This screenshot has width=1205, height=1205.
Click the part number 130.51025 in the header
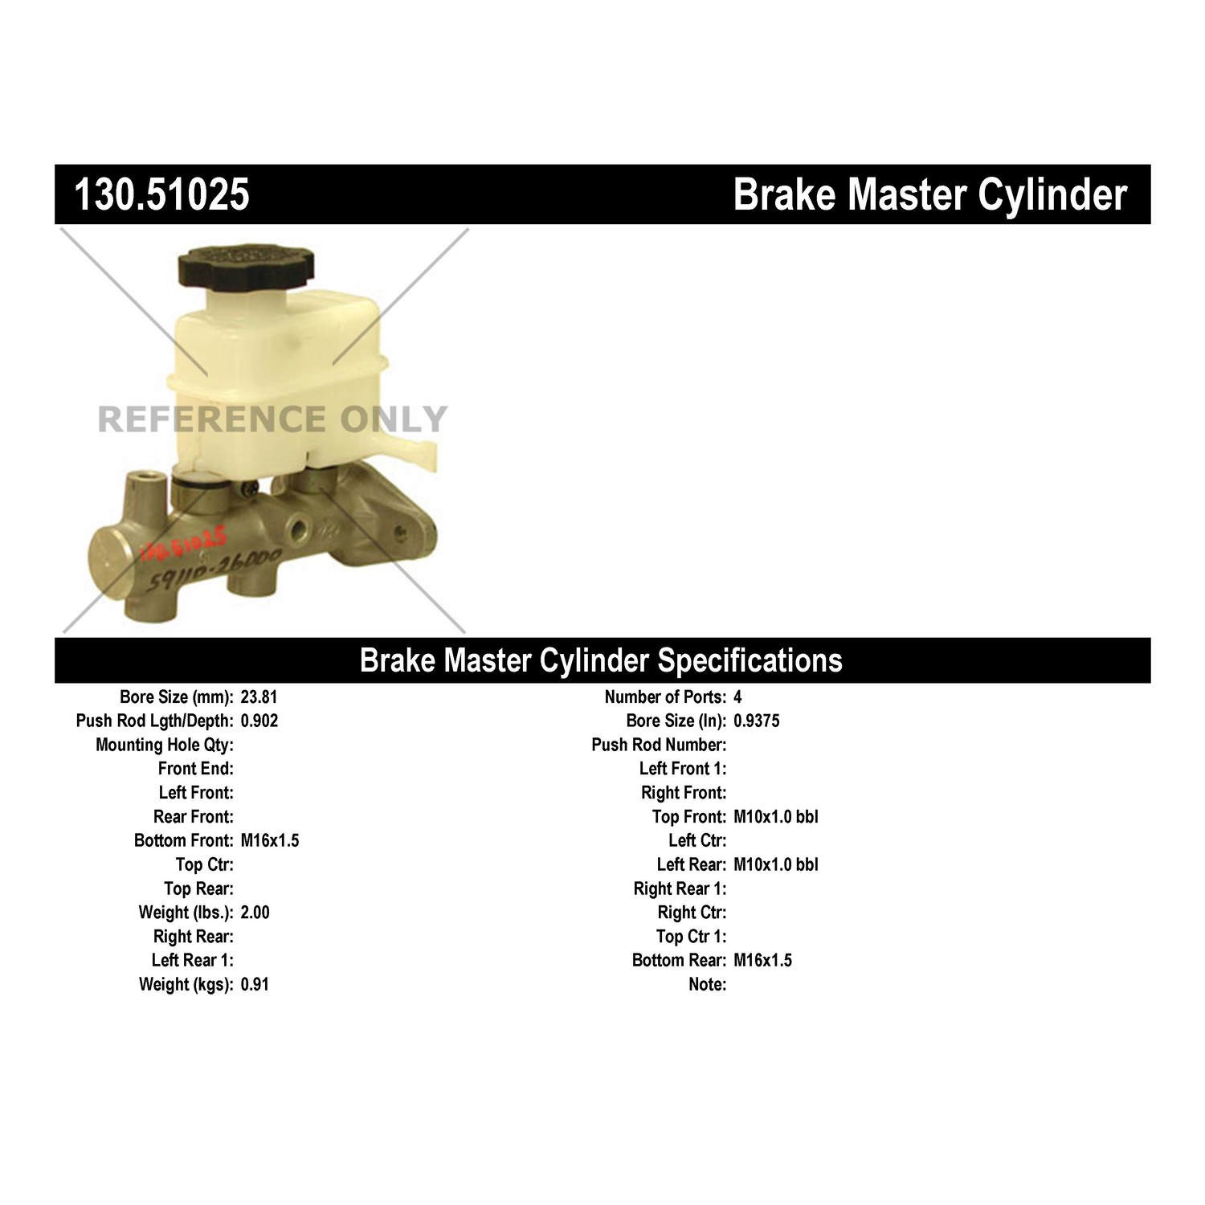pos(161,195)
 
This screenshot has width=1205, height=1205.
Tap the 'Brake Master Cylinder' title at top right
pos(929,195)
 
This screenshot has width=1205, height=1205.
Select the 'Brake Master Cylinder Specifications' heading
pos(601,660)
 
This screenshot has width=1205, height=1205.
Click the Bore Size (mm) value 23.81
pos(259,697)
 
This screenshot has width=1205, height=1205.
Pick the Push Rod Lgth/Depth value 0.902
pos(259,721)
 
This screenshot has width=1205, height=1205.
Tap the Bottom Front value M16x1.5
pos(270,840)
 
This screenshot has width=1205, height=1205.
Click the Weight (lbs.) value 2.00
pos(255,913)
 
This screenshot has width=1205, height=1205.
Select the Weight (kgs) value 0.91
pos(255,984)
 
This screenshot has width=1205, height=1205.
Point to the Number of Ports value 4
pos(737,697)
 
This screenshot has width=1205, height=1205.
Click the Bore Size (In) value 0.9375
pos(757,721)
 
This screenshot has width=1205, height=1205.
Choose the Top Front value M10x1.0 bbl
pos(776,817)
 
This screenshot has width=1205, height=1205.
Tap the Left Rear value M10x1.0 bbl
pos(776,864)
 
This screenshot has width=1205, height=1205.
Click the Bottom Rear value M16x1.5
pos(763,960)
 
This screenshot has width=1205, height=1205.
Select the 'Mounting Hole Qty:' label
pos(165,745)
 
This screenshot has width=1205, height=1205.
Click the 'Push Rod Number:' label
pos(659,745)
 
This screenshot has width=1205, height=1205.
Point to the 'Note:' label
pos(708,984)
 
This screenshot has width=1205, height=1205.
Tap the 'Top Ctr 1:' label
pos(691,937)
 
